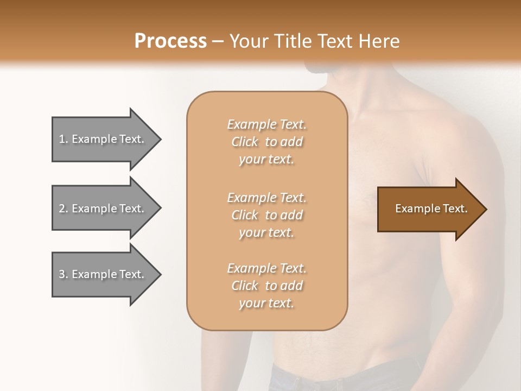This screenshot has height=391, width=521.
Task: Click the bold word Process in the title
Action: [170, 41]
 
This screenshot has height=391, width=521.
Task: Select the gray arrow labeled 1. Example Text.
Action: [103, 139]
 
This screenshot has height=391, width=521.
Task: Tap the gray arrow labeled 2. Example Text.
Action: [103, 209]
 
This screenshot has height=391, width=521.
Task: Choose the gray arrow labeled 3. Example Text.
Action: [103, 274]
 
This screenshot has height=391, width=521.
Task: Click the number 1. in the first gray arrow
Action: [63, 139]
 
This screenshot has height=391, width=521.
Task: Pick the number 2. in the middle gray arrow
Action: [63, 209]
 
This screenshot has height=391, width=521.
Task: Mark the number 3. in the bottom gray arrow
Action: [63, 274]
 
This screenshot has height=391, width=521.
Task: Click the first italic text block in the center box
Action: [266, 142]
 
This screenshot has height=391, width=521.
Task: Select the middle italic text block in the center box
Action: [266, 215]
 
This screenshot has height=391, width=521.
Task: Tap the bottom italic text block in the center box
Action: [266, 286]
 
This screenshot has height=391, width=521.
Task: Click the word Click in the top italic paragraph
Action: [244, 142]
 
